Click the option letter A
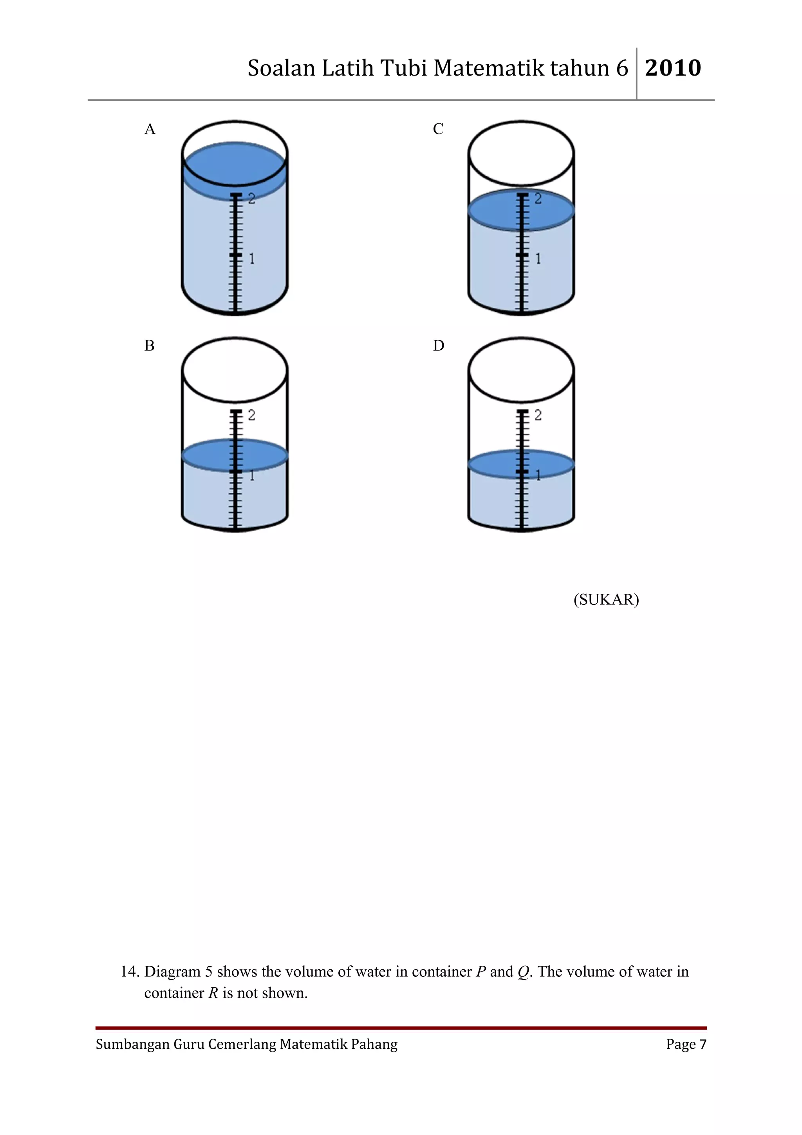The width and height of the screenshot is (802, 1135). click(x=150, y=130)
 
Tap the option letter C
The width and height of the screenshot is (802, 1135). click(x=438, y=130)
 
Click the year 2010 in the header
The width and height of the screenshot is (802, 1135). click(x=672, y=68)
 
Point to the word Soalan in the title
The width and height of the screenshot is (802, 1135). click(x=281, y=68)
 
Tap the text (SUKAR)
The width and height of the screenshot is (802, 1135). click(x=606, y=600)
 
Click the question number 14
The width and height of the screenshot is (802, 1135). click(x=130, y=971)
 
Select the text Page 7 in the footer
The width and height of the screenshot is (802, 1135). click(x=686, y=1044)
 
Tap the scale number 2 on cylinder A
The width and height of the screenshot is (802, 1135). click(x=251, y=199)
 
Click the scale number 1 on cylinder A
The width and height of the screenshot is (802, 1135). click(x=251, y=258)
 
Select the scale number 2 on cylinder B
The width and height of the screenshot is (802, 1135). click(x=251, y=415)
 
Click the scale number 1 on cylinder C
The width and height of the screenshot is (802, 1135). click(x=538, y=258)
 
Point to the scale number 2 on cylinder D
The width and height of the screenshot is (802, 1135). click(x=538, y=415)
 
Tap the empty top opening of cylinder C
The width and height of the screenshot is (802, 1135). click(x=521, y=153)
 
